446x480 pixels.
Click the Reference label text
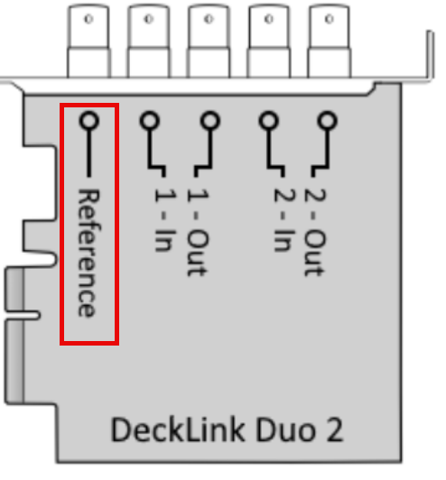88,254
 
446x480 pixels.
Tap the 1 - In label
165,219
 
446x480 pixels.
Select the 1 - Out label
198,232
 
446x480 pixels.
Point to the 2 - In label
284,219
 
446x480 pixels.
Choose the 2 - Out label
315,232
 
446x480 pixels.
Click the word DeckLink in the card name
178,430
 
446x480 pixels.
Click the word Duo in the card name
285,430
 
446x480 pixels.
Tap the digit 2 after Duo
334,430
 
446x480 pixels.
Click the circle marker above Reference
89,120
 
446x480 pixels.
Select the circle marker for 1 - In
150,120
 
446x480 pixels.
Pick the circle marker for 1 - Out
210,120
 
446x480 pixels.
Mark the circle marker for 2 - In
269,120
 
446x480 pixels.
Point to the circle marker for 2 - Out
328,120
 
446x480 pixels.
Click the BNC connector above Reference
88,42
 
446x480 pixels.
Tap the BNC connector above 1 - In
149,42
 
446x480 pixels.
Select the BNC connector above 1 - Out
209,42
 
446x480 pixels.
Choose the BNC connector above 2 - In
269,42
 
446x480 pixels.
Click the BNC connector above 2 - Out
329,42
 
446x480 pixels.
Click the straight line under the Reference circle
89,153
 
